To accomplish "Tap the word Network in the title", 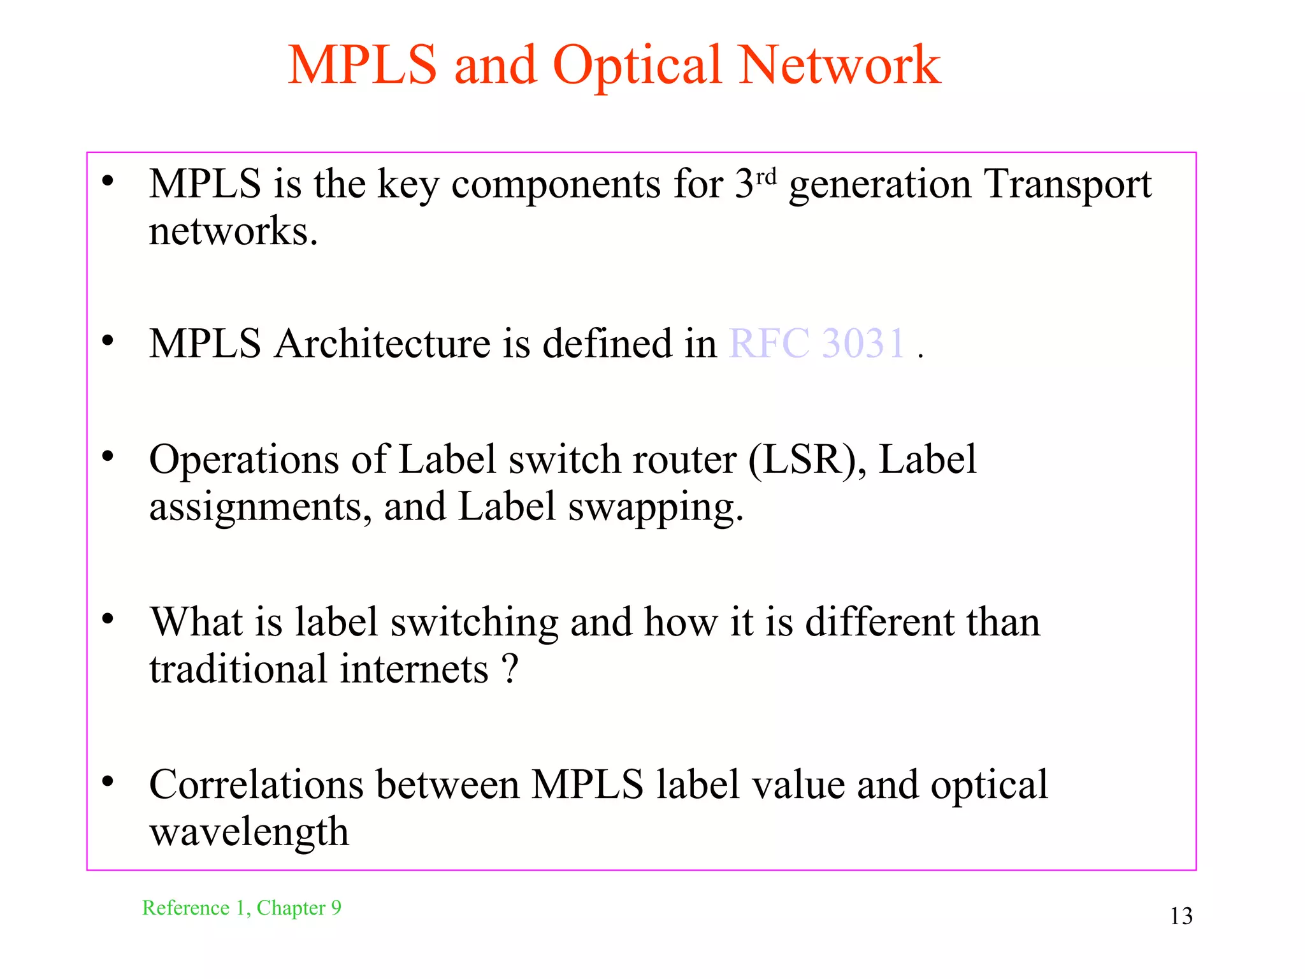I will [839, 65].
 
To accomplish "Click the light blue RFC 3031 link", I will [817, 344].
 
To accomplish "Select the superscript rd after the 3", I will [767, 175].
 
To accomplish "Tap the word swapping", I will [656, 508].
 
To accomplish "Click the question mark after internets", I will [510, 669].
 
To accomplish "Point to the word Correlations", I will [256, 785].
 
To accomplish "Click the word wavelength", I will [249, 832].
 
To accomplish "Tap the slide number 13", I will [1181, 917].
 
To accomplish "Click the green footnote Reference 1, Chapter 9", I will [242, 908].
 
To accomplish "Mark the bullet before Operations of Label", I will [108, 456].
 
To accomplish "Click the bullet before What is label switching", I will [108, 618].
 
